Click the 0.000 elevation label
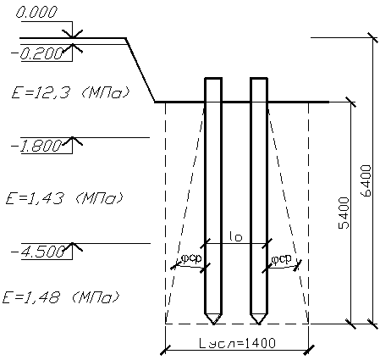[x=36, y=13]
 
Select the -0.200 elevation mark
[x=37, y=53]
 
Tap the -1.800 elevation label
[x=36, y=146]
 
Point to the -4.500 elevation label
[x=37, y=252]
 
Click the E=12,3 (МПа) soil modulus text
[x=71, y=92]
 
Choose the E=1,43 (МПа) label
[x=64, y=198]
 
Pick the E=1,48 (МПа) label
[x=61, y=297]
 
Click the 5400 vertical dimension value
[x=344, y=213]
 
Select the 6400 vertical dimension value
[x=366, y=180]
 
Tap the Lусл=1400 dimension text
[x=237, y=343]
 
